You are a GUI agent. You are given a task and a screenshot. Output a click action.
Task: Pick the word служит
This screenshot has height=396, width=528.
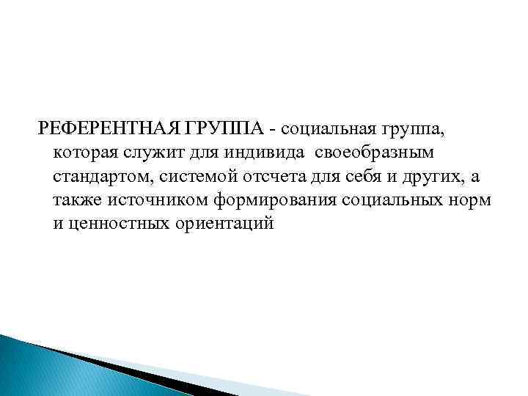click(x=153, y=154)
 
